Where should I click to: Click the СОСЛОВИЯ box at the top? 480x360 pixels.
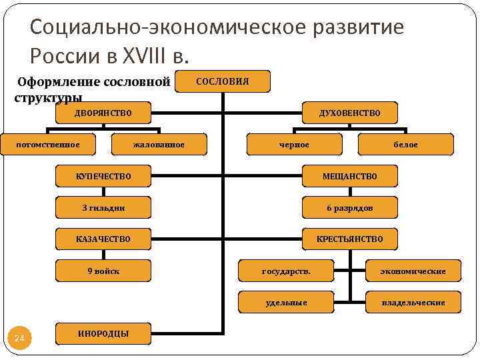tap(222, 81)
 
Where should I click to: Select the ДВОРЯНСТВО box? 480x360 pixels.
tap(103, 113)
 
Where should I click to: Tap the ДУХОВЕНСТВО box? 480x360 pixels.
tap(350, 113)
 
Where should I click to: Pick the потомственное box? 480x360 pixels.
tap(48, 144)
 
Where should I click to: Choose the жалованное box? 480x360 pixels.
tap(159, 144)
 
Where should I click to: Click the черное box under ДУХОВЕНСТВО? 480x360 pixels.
tap(294, 144)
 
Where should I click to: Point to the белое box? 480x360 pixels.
tap(405, 144)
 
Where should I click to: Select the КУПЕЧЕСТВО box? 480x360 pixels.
tap(103, 176)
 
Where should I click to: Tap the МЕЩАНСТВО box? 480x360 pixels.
tap(350, 176)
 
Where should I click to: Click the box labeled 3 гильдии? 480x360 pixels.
tap(103, 207)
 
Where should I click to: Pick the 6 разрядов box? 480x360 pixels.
tap(350, 207)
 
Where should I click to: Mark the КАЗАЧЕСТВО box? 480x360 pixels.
tap(103, 239)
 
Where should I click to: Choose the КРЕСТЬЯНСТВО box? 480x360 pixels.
tap(350, 239)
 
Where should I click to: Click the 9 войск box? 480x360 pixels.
tap(103, 271)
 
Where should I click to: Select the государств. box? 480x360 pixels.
tap(286, 271)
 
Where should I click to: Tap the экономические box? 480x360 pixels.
tap(413, 271)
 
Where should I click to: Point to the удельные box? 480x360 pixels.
tap(286, 302)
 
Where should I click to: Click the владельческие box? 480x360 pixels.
tap(413, 302)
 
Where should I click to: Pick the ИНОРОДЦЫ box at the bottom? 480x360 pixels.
tap(103, 333)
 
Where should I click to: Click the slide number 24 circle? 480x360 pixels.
tap(19, 339)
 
